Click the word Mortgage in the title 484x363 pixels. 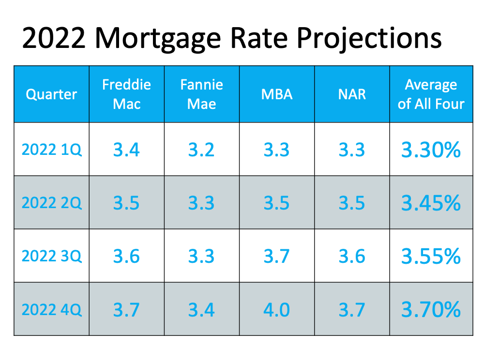coord(158,38)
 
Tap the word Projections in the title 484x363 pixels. coord(369,38)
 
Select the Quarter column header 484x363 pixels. coord(51,94)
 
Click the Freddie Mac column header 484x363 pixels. coord(126,94)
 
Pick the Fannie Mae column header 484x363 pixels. coord(201,94)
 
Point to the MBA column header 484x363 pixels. coord(277,94)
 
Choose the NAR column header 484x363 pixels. coord(352,94)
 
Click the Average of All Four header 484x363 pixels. coord(431,94)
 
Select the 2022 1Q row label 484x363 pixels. coord(52,150)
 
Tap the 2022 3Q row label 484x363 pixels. coord(52,256)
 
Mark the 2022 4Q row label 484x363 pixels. coord(52,309)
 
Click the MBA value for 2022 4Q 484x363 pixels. coord(276,310)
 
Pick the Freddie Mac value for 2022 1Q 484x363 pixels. coord(126,150)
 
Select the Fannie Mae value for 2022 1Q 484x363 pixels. coord(201,150)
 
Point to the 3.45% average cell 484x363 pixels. coord(431,203)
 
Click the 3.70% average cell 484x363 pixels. coord(431,309)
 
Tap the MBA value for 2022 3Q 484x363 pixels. coord(276,256)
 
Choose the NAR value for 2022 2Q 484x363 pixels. coord(352,203)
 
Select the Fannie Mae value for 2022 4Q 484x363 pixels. coord(201,310)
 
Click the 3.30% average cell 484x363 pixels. coord(431,150)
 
